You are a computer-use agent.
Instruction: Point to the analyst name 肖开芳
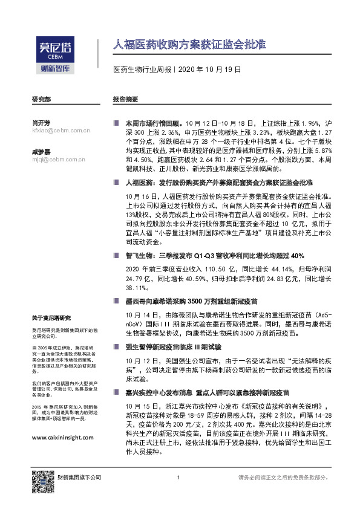click(x=41, y=122)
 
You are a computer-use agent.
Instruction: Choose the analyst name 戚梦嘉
click(x=41, y=151)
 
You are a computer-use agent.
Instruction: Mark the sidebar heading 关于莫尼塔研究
click(x=51, y=318)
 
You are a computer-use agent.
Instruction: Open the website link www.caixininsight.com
click(x=61, y=438)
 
